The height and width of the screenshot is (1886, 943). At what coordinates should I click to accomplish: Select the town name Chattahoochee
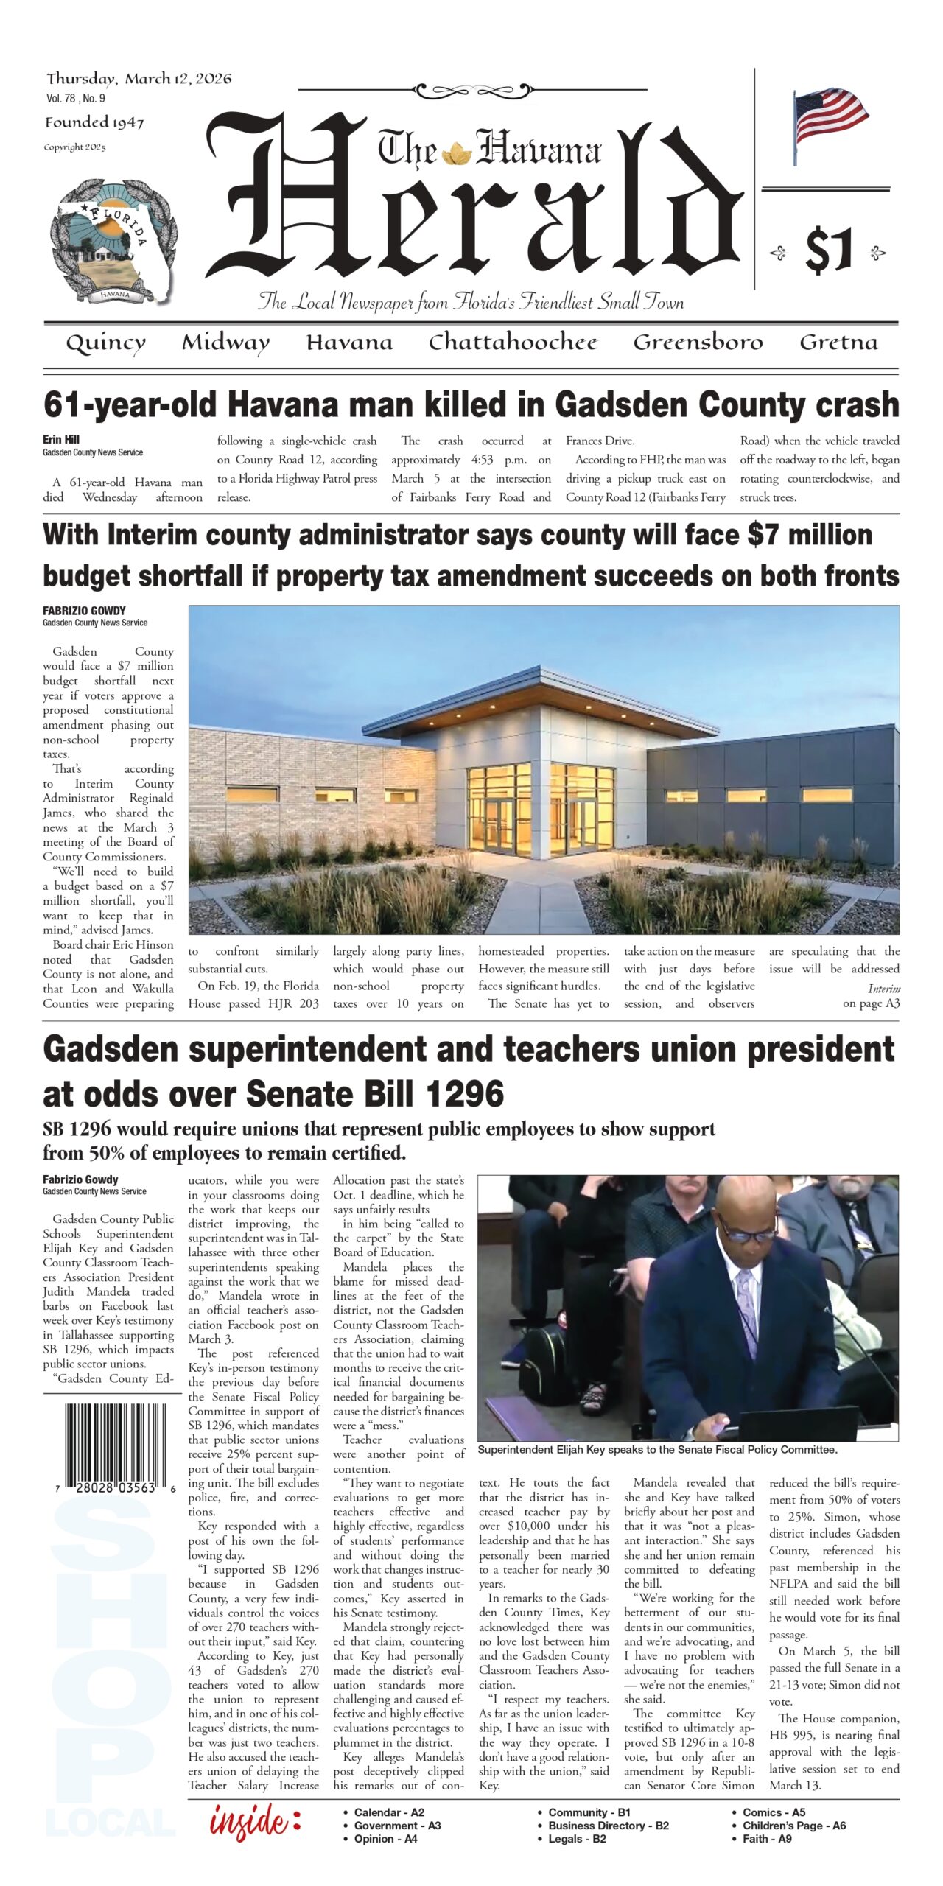click(513, 343)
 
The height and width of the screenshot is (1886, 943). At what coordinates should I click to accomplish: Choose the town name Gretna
click(838, 343)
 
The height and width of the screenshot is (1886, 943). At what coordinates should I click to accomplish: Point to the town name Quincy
click(105, 343)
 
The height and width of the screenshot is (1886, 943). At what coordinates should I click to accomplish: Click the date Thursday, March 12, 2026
click(139, 79)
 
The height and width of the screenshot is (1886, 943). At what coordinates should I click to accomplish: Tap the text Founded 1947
click(94, 123)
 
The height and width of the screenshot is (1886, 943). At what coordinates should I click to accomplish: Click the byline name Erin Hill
click(61, 440)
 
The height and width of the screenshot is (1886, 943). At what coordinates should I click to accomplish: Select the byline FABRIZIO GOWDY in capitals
click(84, 611)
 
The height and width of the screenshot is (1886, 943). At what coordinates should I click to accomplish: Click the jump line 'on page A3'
click(871, 1003)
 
